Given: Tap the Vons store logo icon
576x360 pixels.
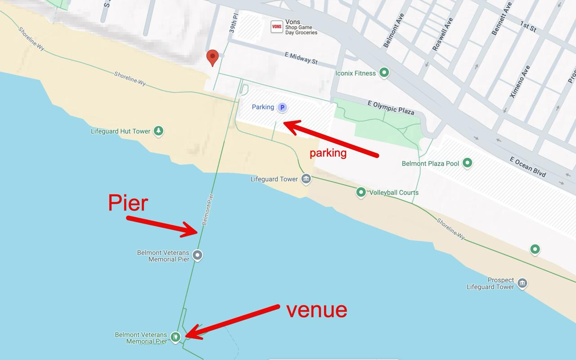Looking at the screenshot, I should click(x=277, y=27).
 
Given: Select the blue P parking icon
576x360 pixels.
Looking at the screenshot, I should click(x=282, y=108).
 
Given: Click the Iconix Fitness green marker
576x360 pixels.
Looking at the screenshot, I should click(x=384, y=72).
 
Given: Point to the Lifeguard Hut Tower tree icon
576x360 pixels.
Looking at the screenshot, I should click(x=158, y=131).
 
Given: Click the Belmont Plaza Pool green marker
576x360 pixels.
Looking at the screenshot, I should click(x=468, y=163).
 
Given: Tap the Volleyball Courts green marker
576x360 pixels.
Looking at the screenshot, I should click(x=361, y=193).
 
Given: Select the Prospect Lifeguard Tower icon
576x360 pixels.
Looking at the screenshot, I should click(x=522, y=283).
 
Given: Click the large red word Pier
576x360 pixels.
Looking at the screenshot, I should click(x=128, y=203).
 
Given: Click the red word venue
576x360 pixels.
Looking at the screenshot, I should click(x=317, y=310).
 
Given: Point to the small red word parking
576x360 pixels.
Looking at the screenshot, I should click(x=328, y=153).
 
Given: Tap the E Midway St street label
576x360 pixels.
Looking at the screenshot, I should click(x=301, y=57).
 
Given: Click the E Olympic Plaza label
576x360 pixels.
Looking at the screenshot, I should click(x=391, y=108).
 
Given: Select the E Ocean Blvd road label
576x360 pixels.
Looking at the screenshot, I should click(x=528, y=166).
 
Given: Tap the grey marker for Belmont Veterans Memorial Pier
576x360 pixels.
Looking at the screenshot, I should click(x=197, y=255).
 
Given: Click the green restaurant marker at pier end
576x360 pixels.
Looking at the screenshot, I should click(x=175, y=336).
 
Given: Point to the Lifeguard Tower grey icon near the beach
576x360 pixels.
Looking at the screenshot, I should click(x=306, y=179).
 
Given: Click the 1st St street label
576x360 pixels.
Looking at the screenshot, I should click(x=528, y=27).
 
